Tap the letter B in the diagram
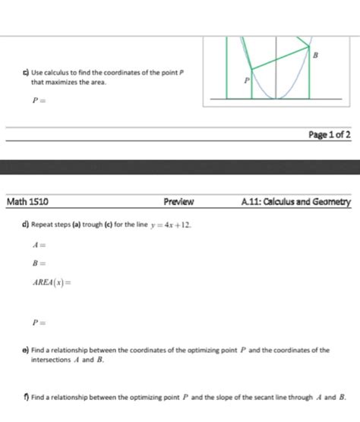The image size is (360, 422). click(315, 55)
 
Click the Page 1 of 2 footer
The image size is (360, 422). click(330, 135)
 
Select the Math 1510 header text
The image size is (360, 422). click(28, 202)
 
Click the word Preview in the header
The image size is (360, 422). click(179, 202)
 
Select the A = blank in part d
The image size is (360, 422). click(39, 245)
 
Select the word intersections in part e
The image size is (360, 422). click(52, 360)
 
